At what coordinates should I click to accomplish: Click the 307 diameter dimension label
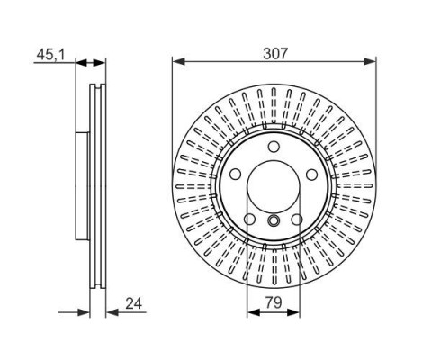275,54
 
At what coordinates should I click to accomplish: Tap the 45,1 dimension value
50,55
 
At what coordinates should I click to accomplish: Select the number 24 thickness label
134,303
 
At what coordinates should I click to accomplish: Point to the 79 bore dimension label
274,302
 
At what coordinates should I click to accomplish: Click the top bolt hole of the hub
274,147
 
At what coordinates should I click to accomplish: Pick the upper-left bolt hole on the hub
236,174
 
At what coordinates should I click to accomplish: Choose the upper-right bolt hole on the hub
312,175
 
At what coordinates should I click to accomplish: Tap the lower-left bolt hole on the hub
249,220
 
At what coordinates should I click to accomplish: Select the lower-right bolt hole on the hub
297,220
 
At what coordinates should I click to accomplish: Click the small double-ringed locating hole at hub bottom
274,220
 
